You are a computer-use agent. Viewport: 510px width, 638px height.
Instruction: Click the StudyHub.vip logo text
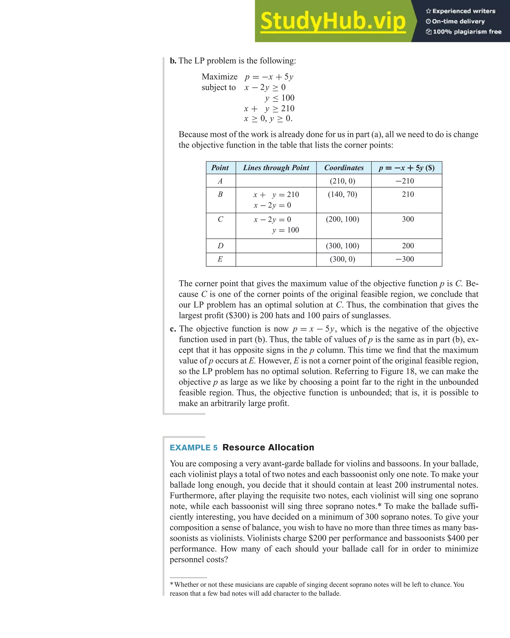(x=333, y=21)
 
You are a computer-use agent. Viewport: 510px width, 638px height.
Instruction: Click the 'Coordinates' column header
(x=344, y=168)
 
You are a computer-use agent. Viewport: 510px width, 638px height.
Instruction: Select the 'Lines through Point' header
(x=276, y=168)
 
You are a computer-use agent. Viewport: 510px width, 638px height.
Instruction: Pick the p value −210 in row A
(x=405, y=181)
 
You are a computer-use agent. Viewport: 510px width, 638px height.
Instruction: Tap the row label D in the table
(x=220, y=246)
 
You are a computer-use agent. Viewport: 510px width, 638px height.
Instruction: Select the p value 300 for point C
(x=408, y=219)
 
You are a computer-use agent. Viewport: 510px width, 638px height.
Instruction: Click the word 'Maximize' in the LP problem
(x=219, y=77)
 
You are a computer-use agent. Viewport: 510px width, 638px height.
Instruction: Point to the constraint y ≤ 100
(x=280, y=98)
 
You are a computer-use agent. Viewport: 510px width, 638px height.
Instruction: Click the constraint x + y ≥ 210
(x=269, y=109)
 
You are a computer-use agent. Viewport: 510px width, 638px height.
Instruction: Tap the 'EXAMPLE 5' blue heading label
(x=193, y=447)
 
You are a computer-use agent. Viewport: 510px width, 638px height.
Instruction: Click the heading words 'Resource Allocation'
(x=268, y=447)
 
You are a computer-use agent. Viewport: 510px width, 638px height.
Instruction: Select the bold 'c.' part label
(x=173, y=329)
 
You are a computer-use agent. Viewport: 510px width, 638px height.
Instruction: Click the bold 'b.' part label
(x=173, y=61)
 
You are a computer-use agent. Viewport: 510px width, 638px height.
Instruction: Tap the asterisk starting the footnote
(x=172, y=585)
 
